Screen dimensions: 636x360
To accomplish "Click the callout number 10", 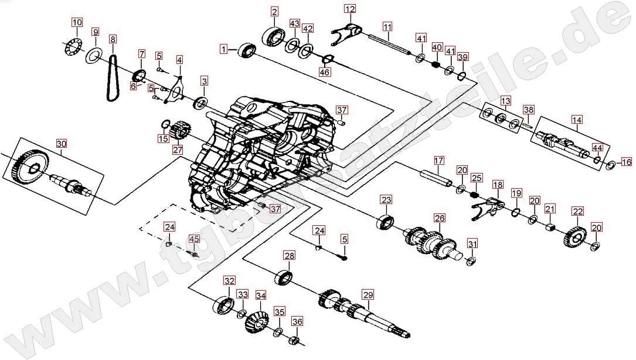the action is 77,22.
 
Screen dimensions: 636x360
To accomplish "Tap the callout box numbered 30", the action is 61,144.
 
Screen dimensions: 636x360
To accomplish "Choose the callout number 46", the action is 325,72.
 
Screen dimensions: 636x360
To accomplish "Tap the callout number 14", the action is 577,120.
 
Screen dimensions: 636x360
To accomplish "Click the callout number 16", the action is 627,162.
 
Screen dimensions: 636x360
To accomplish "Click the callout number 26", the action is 440,218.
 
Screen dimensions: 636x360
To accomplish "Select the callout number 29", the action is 368,295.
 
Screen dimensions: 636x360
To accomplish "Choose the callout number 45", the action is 194,239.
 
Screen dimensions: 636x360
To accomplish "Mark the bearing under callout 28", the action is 284,277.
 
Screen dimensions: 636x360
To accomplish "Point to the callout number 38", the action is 529,110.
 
